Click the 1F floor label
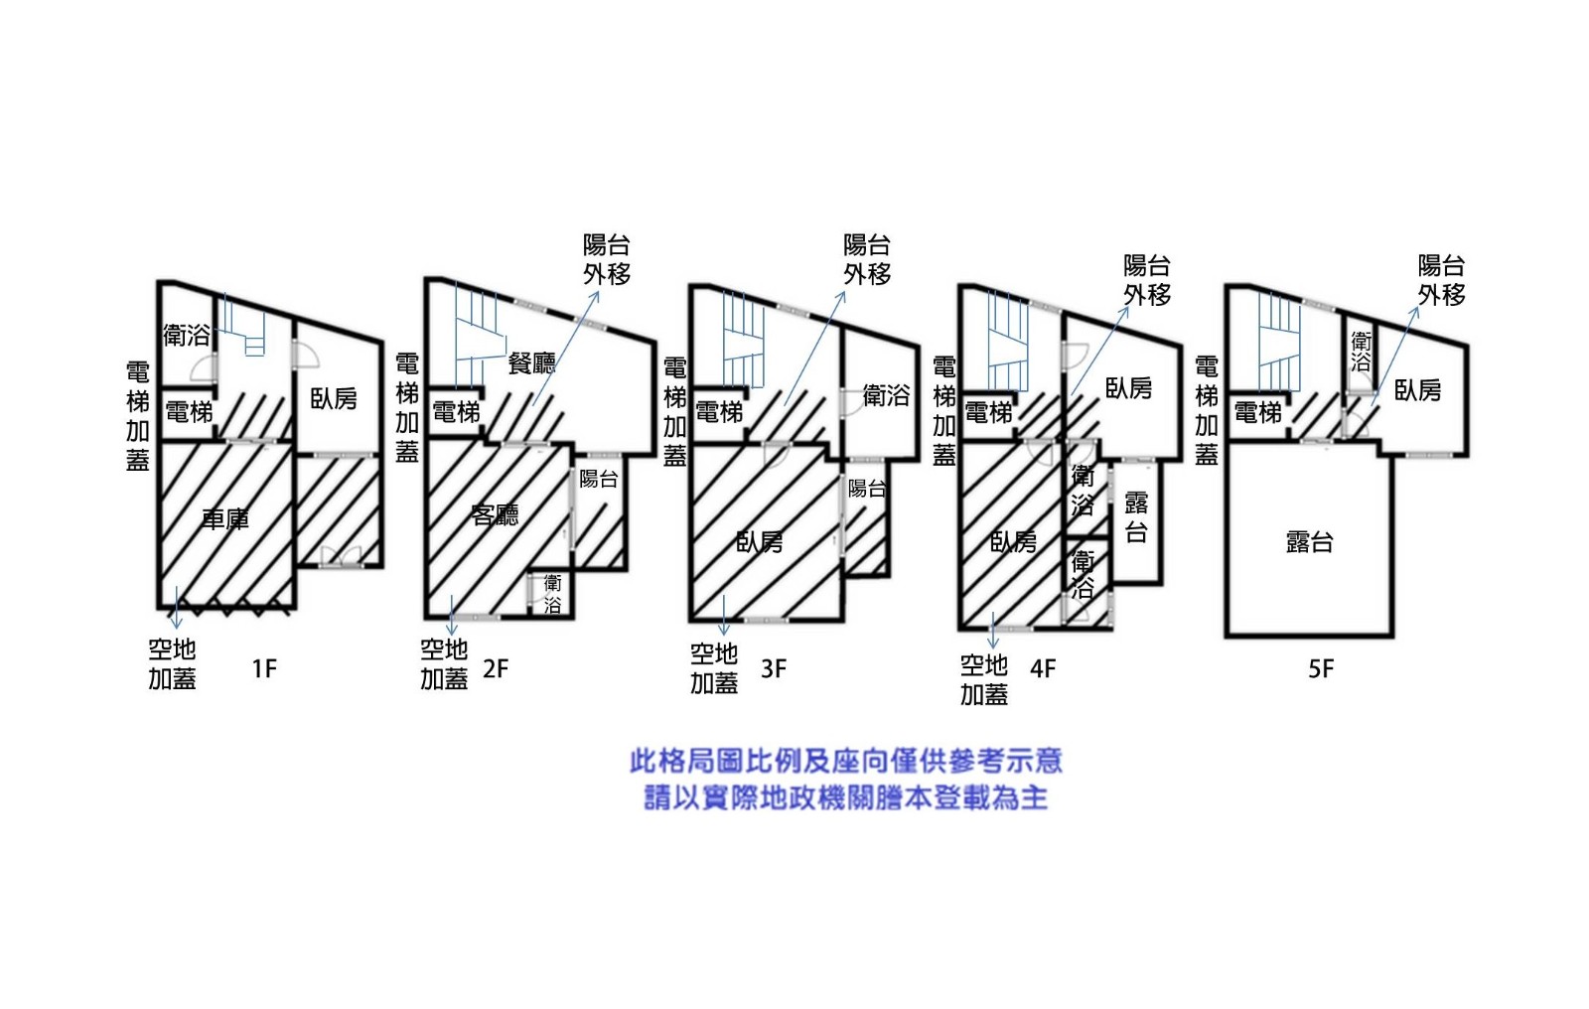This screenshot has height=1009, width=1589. pos(264,668)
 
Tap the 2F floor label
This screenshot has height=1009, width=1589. pos(496,668)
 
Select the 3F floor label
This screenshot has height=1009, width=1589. pos(774,668)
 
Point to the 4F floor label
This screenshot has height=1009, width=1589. pos(1043,668)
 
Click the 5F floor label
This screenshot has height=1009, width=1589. pos(1321,668)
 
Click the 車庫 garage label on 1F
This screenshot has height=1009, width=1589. pos(225,518)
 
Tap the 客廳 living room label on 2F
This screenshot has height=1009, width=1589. pos(495,514)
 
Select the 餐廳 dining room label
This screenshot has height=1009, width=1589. pos(531,363)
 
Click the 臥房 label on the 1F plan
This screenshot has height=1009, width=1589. pos(334,398)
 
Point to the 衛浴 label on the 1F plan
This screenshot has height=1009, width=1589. pos(187,335)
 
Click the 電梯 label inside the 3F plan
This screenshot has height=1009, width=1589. pos(719,411)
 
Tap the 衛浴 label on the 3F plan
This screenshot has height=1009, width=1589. pos(886,396)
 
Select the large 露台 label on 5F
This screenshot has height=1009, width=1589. pos(1309,541)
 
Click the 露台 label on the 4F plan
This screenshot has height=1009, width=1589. pos(1136,517)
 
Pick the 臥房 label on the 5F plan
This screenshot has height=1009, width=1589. pos(1417,390)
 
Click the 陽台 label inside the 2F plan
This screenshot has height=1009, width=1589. pos(599,479)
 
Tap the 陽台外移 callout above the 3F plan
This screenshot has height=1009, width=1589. pos(867,259)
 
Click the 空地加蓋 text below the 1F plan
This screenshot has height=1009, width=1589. pos(172,663)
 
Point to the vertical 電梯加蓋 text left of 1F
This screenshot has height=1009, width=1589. pos(138,415)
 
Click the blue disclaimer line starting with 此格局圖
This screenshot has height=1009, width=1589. pos(846,761)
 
